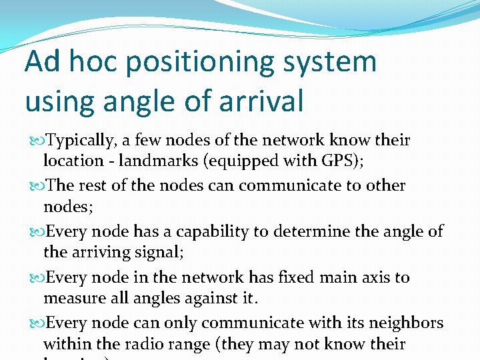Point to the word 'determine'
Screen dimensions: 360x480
coord(309,231)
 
